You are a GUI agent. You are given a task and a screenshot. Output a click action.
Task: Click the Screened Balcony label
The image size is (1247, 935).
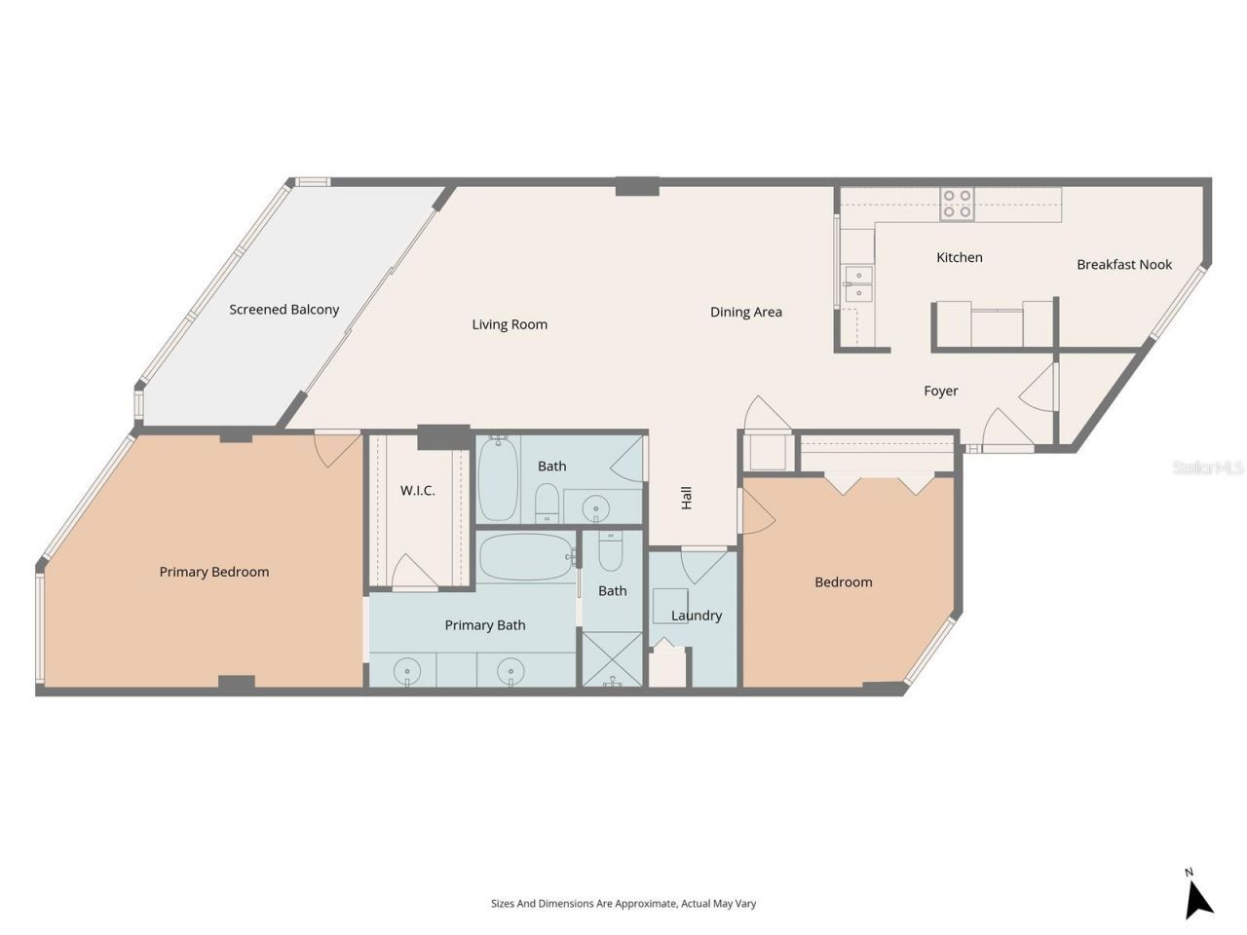coord(283,310)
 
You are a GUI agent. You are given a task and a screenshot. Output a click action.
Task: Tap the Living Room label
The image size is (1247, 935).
coord(510,324)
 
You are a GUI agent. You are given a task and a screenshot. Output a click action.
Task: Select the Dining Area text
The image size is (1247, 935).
coord(745,312)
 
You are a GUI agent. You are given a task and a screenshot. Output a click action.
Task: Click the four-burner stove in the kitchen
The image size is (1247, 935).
coord(956,203)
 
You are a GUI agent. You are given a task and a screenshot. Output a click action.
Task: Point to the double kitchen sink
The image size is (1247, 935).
coord(858,283)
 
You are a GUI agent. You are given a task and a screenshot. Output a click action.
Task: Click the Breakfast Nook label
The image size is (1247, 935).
coord(1123,264)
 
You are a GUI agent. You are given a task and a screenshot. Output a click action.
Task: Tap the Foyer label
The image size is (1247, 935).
coord(940,391)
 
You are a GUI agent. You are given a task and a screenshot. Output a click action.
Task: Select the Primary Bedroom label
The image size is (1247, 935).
coord(213,572)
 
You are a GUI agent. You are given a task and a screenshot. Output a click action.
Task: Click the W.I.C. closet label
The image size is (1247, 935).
coord(417,490)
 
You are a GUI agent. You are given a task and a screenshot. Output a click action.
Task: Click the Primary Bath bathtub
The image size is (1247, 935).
coord(525,557)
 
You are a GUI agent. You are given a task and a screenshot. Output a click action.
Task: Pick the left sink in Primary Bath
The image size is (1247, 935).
coord(406,671)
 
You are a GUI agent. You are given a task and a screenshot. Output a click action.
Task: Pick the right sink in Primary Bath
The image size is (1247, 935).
coord(510,671)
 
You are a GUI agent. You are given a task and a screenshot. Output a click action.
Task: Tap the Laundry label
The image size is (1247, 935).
coord(697,616)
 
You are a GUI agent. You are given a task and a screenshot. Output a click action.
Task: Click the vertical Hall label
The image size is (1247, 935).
coord(687,498)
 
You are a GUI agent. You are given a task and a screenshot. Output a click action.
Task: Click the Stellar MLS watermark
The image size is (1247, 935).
coord(1208,467)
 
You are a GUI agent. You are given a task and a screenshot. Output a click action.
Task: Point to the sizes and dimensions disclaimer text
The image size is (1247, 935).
coord(623,904)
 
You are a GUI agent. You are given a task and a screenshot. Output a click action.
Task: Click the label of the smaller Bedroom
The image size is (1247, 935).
coord(843,581)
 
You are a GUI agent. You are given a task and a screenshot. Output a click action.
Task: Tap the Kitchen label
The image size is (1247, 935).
coord(959,257)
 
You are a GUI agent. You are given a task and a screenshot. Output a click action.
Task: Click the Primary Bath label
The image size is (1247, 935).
coord(484,625)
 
